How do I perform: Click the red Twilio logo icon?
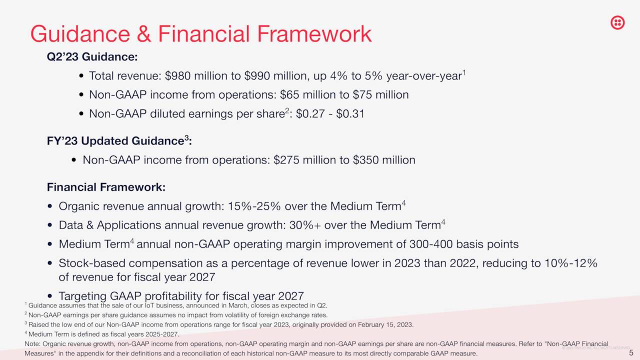click(x=617, y=22)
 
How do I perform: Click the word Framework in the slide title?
click(x=314, y=34)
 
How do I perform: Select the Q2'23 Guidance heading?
click(x=92, y=57)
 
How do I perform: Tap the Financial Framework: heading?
click(x=106, y=187)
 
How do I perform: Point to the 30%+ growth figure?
click(x=305, y=225)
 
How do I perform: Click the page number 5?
click(x=631, y=353)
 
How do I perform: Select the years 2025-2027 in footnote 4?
click(x=161, y=334)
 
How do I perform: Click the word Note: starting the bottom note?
click(x=32, y=344)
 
